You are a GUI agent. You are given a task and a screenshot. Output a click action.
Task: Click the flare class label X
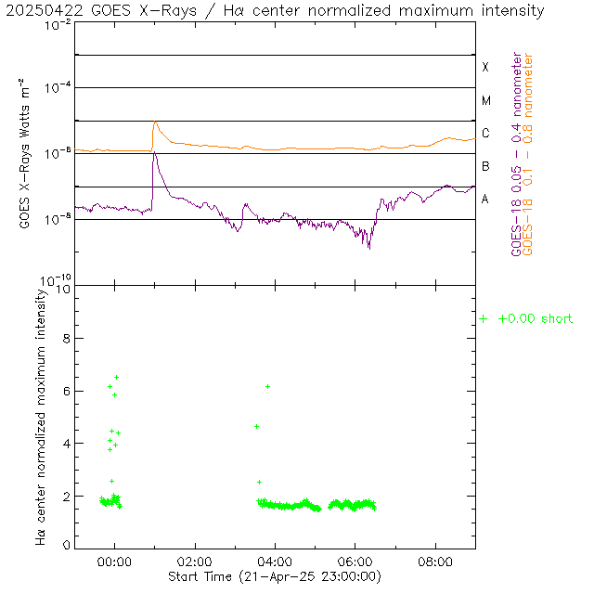tap(484, 68)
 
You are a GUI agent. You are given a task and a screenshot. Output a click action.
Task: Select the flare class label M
tap(484, 100)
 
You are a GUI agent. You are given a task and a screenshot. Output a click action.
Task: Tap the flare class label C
tap(484, 134)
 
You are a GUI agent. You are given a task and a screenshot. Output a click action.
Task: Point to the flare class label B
tap(484, 166)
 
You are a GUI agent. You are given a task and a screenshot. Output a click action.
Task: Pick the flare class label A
tap(484, 199)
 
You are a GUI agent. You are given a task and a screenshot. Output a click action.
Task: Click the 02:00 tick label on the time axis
tap(195, 562)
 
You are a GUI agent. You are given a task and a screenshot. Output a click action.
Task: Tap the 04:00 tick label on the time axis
tap(275, 562)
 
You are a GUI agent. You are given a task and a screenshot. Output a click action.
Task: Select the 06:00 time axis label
tap(355, 562)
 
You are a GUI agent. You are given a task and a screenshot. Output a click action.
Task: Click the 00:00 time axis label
tap(115, 562)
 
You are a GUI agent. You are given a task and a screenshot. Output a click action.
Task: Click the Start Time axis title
tap(274, 576)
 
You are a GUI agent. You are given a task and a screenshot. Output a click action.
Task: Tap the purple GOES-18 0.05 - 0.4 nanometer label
tap(517, 154)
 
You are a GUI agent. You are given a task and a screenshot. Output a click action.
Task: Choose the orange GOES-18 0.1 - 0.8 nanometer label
tap(529, 154)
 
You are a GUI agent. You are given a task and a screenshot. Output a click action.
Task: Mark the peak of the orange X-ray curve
tap(155, 122)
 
